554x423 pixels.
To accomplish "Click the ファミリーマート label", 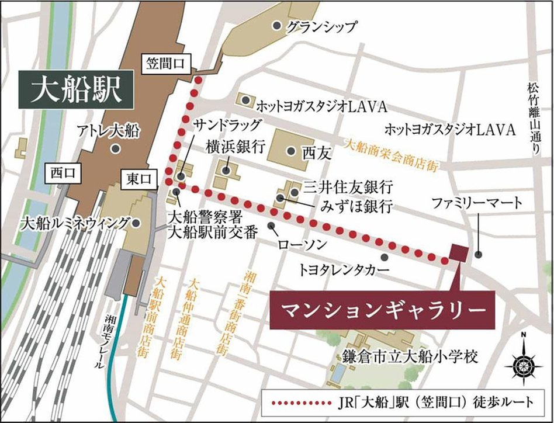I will pos(476,204).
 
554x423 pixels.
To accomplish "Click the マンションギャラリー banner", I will pos(383,307).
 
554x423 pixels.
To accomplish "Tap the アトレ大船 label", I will pos(109,131).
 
